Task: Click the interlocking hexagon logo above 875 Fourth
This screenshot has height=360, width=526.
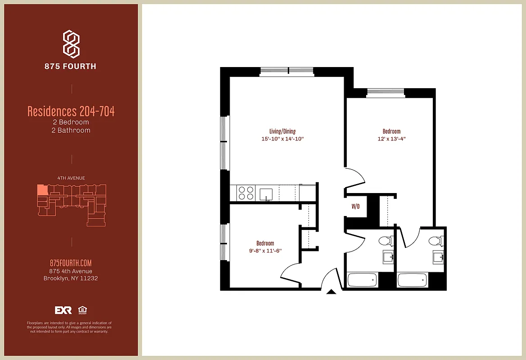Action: (71, 44)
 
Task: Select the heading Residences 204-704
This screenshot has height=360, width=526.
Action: (71, 111)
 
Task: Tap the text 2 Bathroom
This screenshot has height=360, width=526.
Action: (71, 130)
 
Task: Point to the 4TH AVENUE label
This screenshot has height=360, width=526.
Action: (71, 178)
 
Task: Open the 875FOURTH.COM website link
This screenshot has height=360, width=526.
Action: (71, 263)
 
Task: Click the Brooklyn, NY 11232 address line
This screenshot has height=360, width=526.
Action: (71, 278)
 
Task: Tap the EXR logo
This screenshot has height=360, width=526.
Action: (63, 310)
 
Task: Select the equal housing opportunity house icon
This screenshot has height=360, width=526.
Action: (82, 310)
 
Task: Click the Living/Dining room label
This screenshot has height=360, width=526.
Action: (282, 131)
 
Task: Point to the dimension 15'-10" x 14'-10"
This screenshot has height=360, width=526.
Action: (283, 139)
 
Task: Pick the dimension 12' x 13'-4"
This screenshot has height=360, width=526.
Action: (391, 139)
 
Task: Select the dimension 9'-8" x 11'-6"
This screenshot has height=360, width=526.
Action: (265, 251)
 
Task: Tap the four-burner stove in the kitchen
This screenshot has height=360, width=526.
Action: (246, 193)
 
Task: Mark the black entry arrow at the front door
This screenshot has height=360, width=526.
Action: (331, 292)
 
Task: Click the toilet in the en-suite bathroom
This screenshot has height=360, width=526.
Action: (435, 241)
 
